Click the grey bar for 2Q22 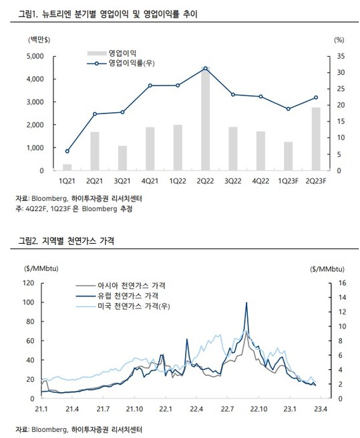click(206, 119)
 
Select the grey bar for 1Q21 click(67, 168)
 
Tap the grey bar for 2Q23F click(316, 139)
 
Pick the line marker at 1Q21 click(67, 151)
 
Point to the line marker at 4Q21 click(150, 85)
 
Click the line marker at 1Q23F click(288, 109)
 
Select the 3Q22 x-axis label click(233, 181)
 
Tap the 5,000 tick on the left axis click(35, 56)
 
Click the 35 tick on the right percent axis click(341, 56)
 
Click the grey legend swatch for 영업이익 click(97, 53)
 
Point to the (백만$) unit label click(39, 40)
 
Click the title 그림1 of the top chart click(108, 14)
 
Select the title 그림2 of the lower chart click(66, 240)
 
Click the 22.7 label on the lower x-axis click(227, 409)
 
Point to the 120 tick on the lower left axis click(28, 283)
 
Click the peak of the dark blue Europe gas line click(246, 302)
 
